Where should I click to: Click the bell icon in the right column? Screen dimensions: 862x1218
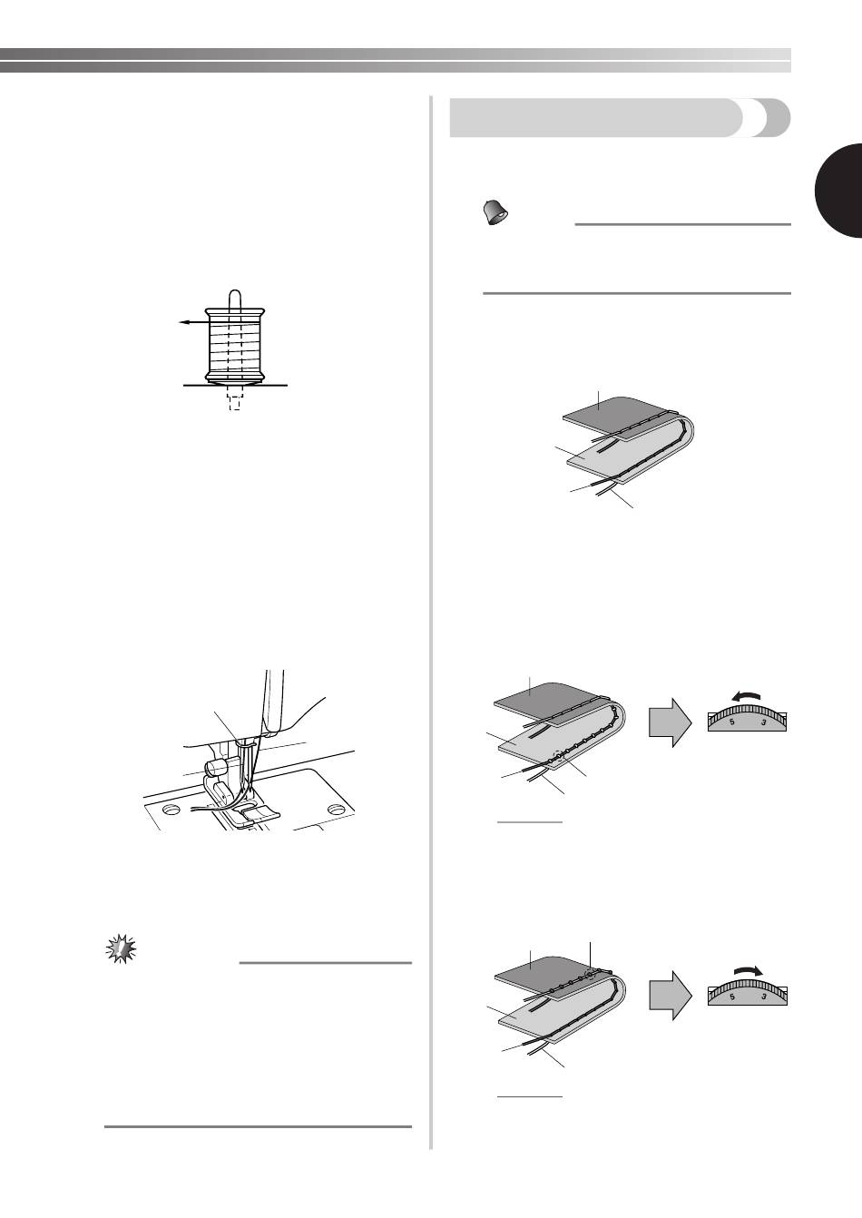(495, 212)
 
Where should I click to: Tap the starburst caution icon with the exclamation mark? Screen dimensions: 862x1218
(120, 948)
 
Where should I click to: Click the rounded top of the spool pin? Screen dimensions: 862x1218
(234, 295)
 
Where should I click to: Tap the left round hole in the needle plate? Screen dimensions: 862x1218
(172, 809)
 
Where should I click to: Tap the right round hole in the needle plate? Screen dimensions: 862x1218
(336, 809)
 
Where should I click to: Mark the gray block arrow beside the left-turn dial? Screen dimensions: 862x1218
(671, 722)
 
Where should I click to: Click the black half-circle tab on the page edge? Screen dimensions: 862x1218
(839, 191)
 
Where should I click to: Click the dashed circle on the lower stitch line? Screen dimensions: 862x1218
(558, 754)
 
